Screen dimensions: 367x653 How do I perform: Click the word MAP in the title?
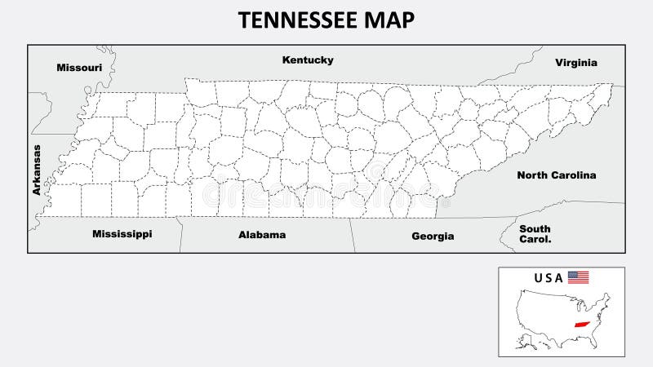click(388, 20)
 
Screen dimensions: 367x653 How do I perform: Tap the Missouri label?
click(79, 68)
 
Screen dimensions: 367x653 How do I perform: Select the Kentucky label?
click(308, 60)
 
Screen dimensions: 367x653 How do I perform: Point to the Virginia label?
click(576, 62)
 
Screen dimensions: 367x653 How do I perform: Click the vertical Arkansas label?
click(36, 170)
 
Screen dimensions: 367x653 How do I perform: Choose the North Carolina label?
click(556, 175)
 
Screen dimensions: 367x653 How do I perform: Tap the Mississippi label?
click(122, 234)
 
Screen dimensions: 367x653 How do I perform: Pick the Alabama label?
click(262, 235)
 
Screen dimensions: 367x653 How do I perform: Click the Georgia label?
click(433, 236)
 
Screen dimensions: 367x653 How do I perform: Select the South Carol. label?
click(535, 234)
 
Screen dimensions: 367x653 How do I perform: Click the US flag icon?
click(578, 277)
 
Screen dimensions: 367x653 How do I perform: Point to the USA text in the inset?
click(549, 278)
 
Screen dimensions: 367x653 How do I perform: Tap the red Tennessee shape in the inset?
click(582, 324)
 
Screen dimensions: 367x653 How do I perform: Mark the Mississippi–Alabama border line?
click(180, 235)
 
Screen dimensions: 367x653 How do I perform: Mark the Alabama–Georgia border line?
click(353, 235)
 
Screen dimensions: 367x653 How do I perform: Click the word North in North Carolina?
click(534, 175)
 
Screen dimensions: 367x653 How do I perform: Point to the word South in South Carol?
click(535, 229)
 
